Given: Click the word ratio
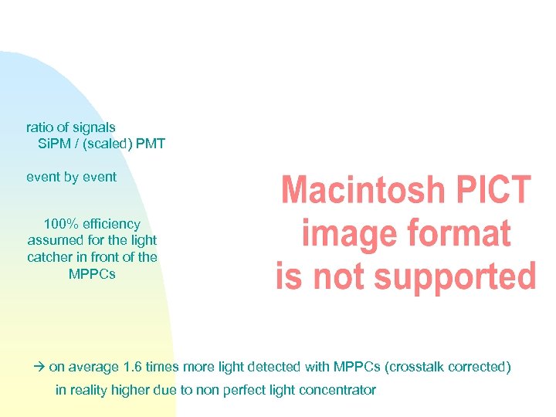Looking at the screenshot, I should pos(39,127).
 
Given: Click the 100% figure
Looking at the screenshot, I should pos(59,224).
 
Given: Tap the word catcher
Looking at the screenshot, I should pos(51,257).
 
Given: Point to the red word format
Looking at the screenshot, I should pos(464,233).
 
